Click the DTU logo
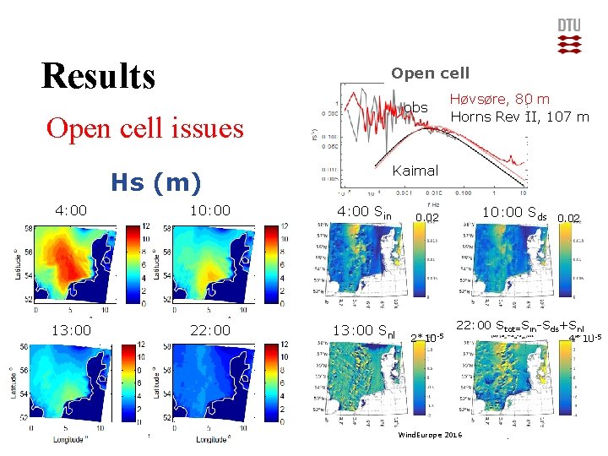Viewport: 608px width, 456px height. [569, 36]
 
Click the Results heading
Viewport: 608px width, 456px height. [98, 75]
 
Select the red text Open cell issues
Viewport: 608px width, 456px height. [144, 128]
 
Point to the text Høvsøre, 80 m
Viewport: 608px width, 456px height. [499, 99]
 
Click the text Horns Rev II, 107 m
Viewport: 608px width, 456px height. [518, 116]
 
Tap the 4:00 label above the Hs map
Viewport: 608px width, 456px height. [71, 210]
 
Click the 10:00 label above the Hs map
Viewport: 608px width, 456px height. [209, 210]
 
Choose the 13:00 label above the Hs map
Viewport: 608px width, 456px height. [72, 331]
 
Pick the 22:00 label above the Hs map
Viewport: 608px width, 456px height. [209, 331]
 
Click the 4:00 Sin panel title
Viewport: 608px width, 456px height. [364, 213]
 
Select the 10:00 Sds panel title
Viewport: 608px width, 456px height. [514, 212]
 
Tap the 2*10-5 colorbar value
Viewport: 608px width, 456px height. [427, 339]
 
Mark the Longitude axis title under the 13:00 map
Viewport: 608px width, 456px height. [67, 439]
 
